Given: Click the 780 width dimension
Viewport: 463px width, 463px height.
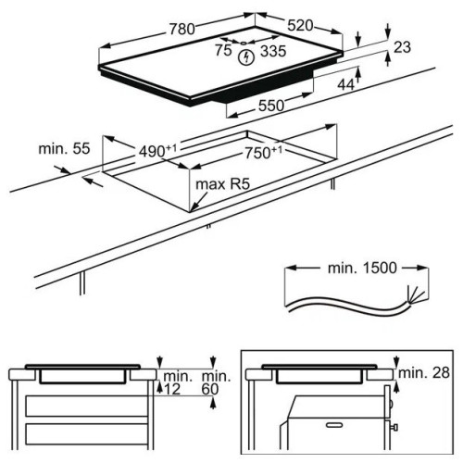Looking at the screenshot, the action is (182, 30).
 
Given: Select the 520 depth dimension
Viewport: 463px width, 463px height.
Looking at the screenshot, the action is (300, 26).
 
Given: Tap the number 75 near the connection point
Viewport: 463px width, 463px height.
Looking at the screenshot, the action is (223, 50).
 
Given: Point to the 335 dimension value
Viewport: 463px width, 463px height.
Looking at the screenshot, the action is (273, 51).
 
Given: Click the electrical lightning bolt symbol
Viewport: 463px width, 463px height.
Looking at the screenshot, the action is (246, 57).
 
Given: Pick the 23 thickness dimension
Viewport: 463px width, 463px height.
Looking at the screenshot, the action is (402, 47).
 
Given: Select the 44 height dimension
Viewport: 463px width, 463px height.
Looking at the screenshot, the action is (345, 84).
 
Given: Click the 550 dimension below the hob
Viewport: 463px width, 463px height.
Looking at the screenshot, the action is (271, 106).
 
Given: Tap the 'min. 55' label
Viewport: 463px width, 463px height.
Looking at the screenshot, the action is (64, 148).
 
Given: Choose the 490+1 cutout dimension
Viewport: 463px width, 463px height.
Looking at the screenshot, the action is (157, 151).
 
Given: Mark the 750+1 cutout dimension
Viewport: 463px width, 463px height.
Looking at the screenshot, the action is (263, 153).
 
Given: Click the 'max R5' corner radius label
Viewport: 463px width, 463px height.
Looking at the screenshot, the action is (222, 184).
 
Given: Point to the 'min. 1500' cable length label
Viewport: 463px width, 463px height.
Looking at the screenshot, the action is (362, 268).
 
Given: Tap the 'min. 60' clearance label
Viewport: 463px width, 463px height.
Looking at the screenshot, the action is (216, 382).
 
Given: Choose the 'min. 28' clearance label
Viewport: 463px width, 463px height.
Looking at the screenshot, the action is (424, 373).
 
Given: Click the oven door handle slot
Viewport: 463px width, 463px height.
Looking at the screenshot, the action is (334, 425).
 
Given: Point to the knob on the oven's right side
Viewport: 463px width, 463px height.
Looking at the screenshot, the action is (394, 428).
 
